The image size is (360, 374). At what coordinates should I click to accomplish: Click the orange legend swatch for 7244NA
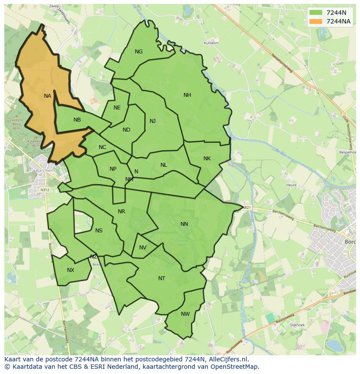[316, 21]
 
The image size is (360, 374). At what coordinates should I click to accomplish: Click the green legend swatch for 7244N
[316, 13]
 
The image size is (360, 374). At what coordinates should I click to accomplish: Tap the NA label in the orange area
[47, 96]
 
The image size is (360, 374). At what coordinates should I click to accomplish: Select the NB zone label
[77, 120]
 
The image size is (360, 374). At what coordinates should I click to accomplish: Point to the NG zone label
[139, 52]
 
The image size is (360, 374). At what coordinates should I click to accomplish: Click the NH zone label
[187, 95]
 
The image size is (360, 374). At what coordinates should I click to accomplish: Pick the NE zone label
[117, 108]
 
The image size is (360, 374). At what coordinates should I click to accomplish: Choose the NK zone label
[207, 159]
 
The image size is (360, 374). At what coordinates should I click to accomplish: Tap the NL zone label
[163, 165]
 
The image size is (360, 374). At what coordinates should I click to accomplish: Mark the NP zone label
[113, 169]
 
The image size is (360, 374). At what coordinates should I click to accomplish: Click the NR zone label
[121, 212]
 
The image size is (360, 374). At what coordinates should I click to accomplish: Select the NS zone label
[99, 231]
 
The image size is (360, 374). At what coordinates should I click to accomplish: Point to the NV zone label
[143, 248]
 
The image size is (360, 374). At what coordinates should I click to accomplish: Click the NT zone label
[162, 278]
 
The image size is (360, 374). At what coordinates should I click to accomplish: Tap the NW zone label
[185, 314]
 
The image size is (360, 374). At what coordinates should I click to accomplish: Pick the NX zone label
[70, 270]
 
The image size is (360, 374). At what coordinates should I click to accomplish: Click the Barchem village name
[46, 171]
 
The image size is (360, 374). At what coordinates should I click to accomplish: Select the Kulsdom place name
[211, 43]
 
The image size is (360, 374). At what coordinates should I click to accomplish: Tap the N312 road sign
[45, 190]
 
